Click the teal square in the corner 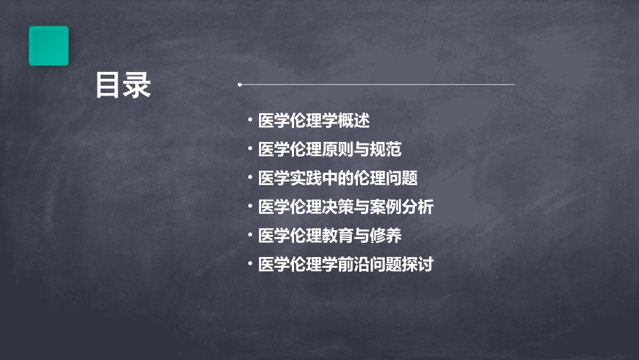click(x=48, y=46)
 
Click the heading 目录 click(x=123, y=86)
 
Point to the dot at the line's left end click(x=239, y=85)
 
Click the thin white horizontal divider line click(x=377, y=85)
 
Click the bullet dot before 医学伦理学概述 click(x=250, y=121)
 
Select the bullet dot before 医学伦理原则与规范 click(x=250, y=149)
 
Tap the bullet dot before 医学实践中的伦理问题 click(x=250, y=178)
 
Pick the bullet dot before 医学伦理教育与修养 click(x=250, y=235)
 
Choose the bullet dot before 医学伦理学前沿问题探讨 click(x=250, y=264)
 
